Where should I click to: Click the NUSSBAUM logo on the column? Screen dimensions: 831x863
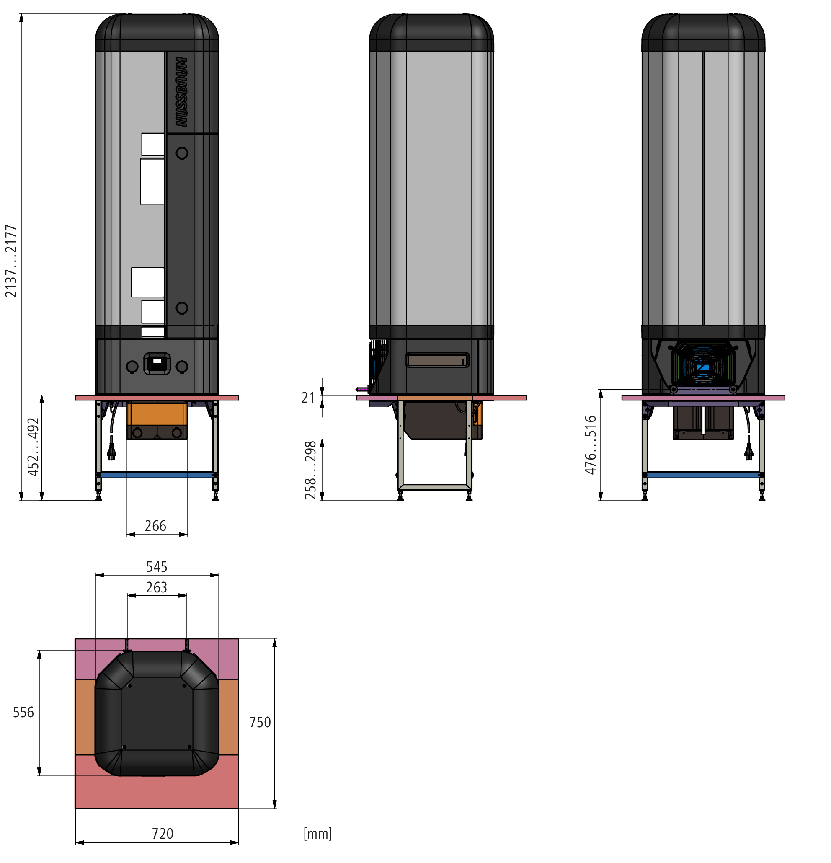click(x=182, y=92)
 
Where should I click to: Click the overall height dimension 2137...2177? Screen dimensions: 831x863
click(x=11, y=261)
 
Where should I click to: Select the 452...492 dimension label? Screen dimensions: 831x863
click(x=34, y=447)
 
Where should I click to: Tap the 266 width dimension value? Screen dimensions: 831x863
click(x=155, y=526)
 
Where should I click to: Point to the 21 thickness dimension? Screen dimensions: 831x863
click(x=308, y=398)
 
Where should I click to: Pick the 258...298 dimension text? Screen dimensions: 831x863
click(x=310, y=470)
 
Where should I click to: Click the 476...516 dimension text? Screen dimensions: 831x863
click(x=590, y=445)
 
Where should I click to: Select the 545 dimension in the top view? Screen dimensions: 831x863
click(x=157, y=567)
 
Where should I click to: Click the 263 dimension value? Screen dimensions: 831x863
click(x=157, y=587)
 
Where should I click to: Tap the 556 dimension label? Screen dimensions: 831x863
click(x=23, y=712)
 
